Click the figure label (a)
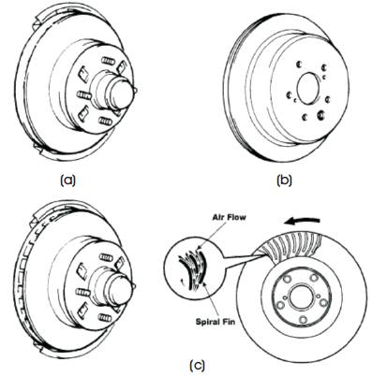tap(67, 181)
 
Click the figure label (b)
tap(285, 181)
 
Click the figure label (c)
tap(197, 365)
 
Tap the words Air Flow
tap(229, 217)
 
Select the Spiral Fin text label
tap(216, 321)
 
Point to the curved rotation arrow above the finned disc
tap(303, 221)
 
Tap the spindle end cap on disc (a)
tap(123, 93)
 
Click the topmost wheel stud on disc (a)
tap(108, 61)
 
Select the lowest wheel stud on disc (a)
tap(105, 121)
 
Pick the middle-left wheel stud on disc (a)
tap(83, 94)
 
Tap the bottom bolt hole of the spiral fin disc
tap(303, 320)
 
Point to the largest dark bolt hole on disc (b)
tap(320, 115)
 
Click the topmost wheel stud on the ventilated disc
tap(106, 257)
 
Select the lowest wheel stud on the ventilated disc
tap(105, 318)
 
